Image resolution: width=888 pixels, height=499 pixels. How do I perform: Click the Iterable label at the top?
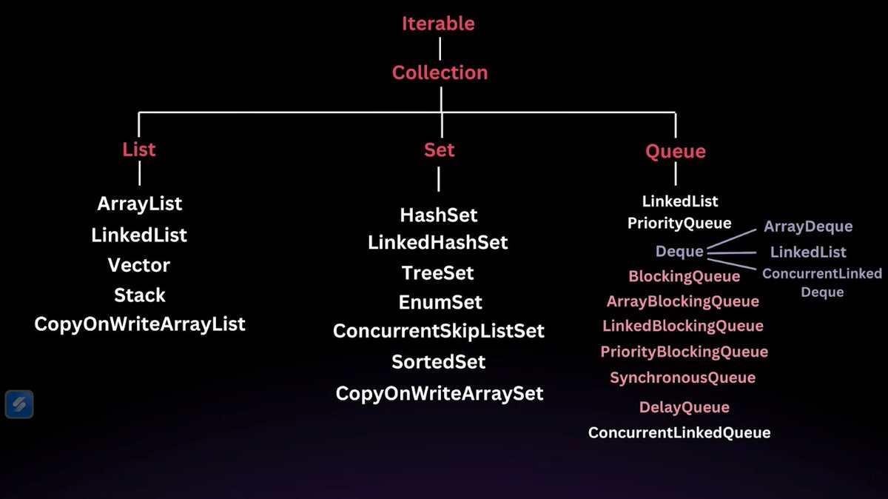pyautogui.click(x=438, y=24)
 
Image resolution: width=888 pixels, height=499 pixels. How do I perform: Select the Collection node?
pyautogui.click(x=440, y=73)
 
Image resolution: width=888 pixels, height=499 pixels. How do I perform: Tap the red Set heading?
pyautogui.click(x=439, y=150)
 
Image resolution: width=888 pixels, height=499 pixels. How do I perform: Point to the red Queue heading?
pyautogui.click(x=675, y=152)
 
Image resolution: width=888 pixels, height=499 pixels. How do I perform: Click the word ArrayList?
pyautogui.click(x=139, y=203)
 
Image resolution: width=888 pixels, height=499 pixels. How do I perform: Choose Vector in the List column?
pyautogui.click(x=139, y=265)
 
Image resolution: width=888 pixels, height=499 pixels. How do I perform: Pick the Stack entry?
pyautogui.click(x=139, y=295)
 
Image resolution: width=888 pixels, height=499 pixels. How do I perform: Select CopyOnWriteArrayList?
pyautogui.click(x=139, y=324)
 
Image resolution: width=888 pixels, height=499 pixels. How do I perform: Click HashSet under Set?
pyautogui.click(x=439, y=215)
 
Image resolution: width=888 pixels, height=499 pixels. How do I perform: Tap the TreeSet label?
pyautogui.click(x=438, y=273)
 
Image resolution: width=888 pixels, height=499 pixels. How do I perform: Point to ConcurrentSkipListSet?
pyautogui.click(x=439, y=331)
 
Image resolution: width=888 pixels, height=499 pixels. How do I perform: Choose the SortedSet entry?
pyautogui.click(x=439, y=362)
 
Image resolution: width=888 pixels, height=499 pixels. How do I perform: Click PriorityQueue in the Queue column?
pyautogui.click(x=679, y=223)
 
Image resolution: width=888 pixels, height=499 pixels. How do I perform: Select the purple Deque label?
pyautogui.click(x=679, y=252)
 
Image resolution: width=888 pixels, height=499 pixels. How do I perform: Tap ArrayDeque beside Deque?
pyautogui.click(x=808, y=227)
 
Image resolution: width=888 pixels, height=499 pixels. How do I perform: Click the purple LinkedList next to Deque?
pyautogui.click(x=808, y=252)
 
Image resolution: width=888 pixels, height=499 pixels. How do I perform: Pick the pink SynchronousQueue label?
pyautogui.click(x=682, y=378)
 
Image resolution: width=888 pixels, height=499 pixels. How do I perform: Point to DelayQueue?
pyautogui.click(x=684, y=407)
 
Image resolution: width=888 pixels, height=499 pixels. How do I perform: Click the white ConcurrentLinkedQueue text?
pyautogui.click(x=679, y=432)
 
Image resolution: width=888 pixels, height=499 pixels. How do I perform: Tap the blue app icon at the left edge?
pyautogui.click(x=19, y=404)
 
